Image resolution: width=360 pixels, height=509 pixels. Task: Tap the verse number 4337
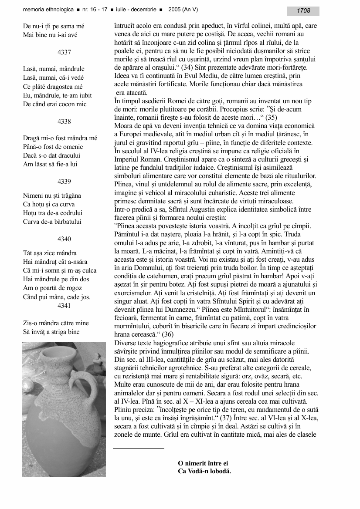click(64, 52)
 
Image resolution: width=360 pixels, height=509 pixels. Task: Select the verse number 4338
click(64, 121)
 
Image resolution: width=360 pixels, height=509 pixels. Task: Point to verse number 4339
click(64, 182)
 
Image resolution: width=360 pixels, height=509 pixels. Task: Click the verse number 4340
click(64, 239)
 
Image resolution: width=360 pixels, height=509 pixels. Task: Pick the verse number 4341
click(64, 306)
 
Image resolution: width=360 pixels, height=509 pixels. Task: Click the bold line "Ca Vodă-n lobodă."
click(204, 471)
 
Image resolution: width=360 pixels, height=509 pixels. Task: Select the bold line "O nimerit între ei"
click(203, 463)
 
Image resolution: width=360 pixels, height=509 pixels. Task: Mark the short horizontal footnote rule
click(139, 448)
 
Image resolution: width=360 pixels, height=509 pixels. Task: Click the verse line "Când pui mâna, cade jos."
click(57, 297)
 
